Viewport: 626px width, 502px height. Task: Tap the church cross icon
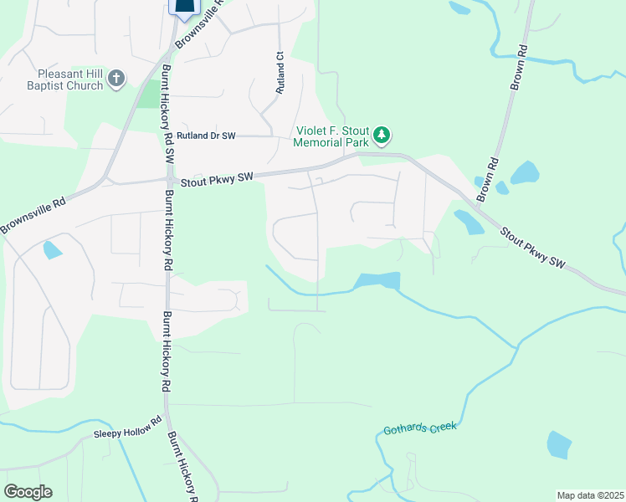pos(116,79)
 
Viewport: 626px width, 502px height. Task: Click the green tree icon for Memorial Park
pos(382,135)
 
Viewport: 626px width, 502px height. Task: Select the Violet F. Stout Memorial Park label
pos(331,137)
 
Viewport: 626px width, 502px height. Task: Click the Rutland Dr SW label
pos(207,135)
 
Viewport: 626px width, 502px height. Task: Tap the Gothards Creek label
pos(420,428)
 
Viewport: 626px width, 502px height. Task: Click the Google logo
pos(28,492)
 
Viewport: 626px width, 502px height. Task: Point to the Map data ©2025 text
pos(590,495)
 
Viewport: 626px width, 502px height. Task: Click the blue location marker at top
pos(185,8)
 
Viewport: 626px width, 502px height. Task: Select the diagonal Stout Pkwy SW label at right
pos(534,248)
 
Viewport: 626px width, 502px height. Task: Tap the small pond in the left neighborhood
pos(52,248)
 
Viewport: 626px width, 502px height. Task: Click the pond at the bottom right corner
pos(559,444)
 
